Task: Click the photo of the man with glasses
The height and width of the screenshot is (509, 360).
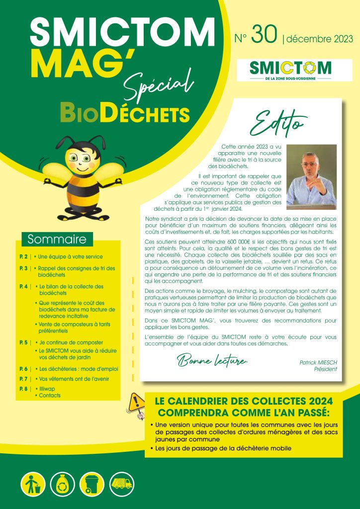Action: coord(312,176)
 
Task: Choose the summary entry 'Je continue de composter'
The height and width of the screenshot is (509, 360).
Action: coord(71,342)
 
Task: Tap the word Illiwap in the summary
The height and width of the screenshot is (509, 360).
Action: coord(47,388)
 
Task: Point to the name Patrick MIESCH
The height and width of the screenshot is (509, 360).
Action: coord(318,363)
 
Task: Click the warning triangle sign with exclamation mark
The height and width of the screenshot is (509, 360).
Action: coord(135,401)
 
